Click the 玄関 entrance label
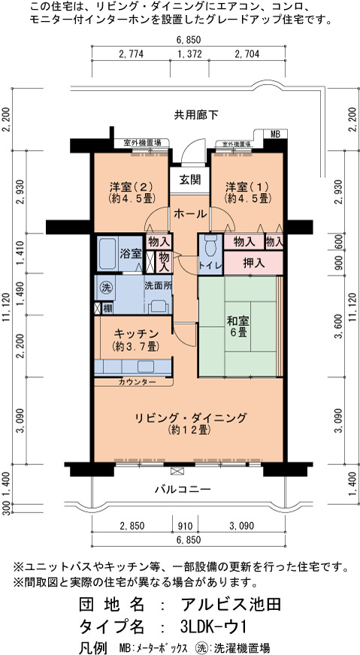(189, 180)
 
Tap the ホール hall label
(189, 214)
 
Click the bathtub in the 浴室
(107, 254)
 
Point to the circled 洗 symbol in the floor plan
(105, 288)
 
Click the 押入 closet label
(254, 263)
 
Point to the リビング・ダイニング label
(190, 418)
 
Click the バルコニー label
(182, 489)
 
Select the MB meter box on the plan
(276, 134)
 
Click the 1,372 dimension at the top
(189, 53)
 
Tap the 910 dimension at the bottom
(185, 525)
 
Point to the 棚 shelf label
(107, 309)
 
